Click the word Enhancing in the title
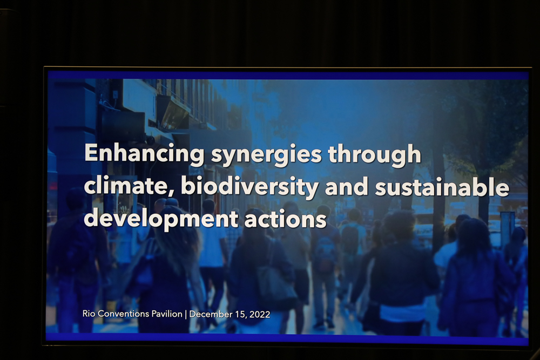pyautogui.click(x=144, y=154)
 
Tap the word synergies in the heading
pyautogui.click(x=266, y=154)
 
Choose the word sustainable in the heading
pyautogui.click(x=442, y=186)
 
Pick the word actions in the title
pyautogui.click(x=286, y=219)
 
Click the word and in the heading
pyautogui.click(x=347, y=186)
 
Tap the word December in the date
pyautogui.click(x=211, y=314)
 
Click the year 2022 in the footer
pyautogui.click(x=260, y=315)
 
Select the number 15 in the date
pyautogui.click(x=240, y=315)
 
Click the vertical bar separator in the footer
pyautogui.click(x=186, y=314)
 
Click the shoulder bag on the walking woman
pyautogui.click(x=276, y=283)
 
